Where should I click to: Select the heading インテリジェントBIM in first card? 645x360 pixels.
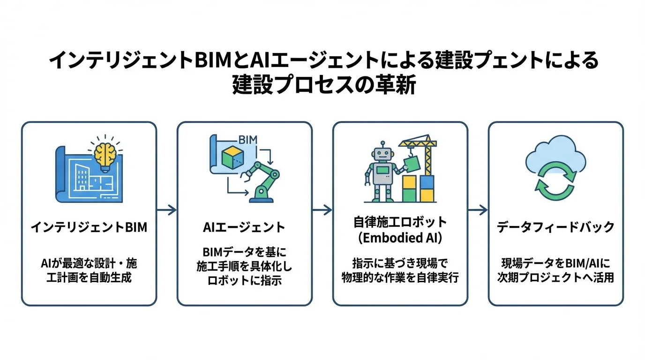pos(89,227)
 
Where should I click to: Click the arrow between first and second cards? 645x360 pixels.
pos(166,210)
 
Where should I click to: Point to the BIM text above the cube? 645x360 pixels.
pos(247,140)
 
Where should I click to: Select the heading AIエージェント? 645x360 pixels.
pos(244,227)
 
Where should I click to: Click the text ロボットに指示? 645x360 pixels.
pos(244,281)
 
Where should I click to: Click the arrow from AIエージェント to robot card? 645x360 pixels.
pos(322,210)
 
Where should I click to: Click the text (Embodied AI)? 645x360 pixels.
pos(400,237)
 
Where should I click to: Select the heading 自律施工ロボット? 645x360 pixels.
pos(400,221)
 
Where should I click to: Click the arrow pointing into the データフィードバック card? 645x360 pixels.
pos(478,210)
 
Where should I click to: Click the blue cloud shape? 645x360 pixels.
pos(555,152)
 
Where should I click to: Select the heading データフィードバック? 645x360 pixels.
pos(555,227)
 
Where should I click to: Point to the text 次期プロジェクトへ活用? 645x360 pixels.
pos(555,277)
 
